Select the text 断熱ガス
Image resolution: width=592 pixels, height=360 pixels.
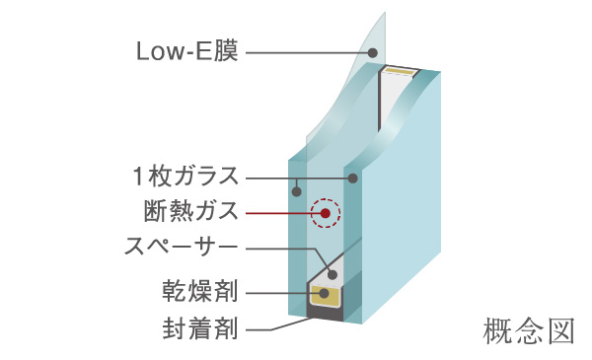(191, 211)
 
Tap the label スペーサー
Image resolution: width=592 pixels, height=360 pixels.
(179, 244)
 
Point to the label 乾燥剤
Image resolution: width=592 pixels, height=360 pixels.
(201, 292)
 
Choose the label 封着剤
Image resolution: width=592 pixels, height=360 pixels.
(201, 326)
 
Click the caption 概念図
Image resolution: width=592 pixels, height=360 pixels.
(529, 330)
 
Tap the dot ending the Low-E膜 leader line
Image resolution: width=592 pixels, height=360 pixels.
(374, 52)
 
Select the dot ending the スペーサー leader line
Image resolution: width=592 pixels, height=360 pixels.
(333, 274)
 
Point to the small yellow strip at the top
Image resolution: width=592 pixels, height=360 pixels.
(400, 72)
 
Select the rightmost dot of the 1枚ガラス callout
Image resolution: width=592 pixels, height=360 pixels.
(352, 178)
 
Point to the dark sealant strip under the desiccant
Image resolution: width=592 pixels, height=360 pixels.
(326, 314)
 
